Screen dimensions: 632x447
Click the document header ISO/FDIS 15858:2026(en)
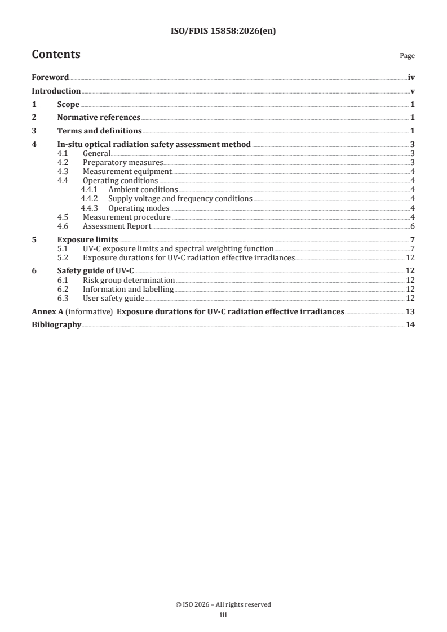pyautogui.click(x=223, y=32)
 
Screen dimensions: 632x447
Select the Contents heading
pyautogui.click(x=56, y=55)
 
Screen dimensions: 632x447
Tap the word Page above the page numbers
pyautogui.click(x=407, y=56)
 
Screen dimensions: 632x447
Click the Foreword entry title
pyautogui.click(x=50, y=78)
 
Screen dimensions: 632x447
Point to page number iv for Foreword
pyautogui.click(x=411, y=78)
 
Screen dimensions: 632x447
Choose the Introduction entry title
pyautogui.click(x=56, y=91)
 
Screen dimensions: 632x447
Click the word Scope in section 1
pyautogui.click(x=68, y=104)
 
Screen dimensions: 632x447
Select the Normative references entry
pyautogui.click(x=99, y=118)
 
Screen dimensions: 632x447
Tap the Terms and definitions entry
pyautogui.click(x=99, y=131)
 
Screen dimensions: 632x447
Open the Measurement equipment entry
pyautogui.click(x=127, y=172)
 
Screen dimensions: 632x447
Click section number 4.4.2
pyautogui.click(x=89, y=199)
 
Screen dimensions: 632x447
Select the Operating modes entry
pyautogui.click(x=139, y=208)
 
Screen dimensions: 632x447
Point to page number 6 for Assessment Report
pyautogui.click(x=413, y=226)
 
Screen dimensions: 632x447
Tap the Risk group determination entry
pyautogui.click(x=129, y=280)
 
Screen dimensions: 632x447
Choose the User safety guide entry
pyautogui.click(x=113, y=298)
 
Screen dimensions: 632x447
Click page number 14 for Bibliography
pyautogui.click(x=410, y=325)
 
